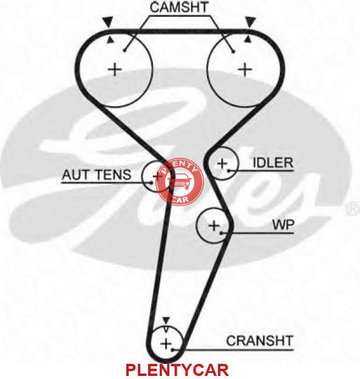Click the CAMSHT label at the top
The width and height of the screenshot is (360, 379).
(179, 7)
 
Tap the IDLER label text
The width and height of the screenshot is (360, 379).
(273, 163)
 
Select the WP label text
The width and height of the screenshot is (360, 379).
(283, 225)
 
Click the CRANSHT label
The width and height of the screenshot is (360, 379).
(260, 341)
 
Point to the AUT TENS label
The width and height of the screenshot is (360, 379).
(97, 175)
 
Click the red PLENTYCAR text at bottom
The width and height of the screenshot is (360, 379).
(177, 370)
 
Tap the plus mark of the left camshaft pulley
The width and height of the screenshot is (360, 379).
(115, 70)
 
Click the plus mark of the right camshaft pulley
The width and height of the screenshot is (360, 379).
(245, 70)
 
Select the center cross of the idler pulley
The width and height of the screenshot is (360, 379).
(222, 164)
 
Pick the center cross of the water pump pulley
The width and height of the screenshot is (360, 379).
(214, 226)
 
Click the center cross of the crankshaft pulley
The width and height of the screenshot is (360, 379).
(166, 344)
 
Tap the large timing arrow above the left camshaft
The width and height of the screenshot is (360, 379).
(107, 22)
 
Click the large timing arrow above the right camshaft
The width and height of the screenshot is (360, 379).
(250, 22)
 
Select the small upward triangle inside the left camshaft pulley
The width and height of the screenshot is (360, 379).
(110, 40)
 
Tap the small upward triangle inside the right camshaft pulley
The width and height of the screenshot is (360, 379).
(247, 39)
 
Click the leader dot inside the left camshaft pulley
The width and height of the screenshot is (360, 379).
(124, 50)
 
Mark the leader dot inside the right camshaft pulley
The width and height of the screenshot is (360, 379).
(233, 52)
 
